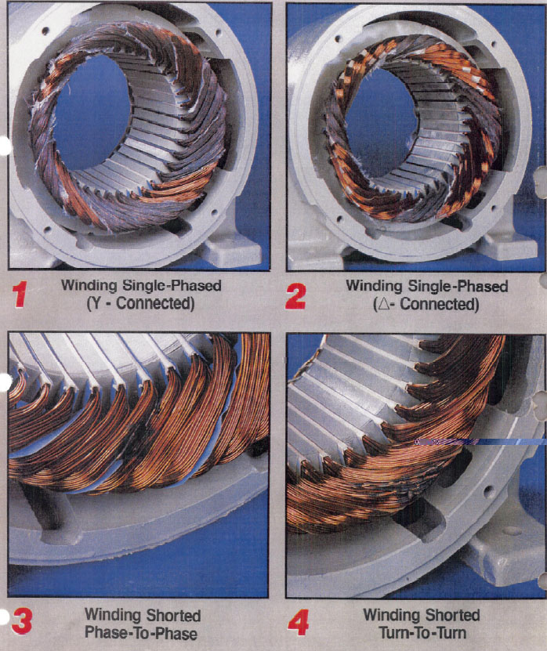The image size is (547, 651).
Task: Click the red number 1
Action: click(20, 295)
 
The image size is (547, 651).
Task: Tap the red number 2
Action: click(295, 296)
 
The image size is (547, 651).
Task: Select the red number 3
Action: click(22, 621)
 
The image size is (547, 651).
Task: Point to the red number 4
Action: click(299, 622)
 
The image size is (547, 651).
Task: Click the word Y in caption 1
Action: click(96, 303)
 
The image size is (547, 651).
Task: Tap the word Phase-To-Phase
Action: click(141, 633)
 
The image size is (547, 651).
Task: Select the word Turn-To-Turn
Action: click(422, 633)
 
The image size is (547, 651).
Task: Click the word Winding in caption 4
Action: click(391, 615)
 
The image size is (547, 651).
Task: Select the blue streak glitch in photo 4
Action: click(480, 442)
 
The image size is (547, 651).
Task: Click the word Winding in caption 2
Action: click(374, 286)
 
